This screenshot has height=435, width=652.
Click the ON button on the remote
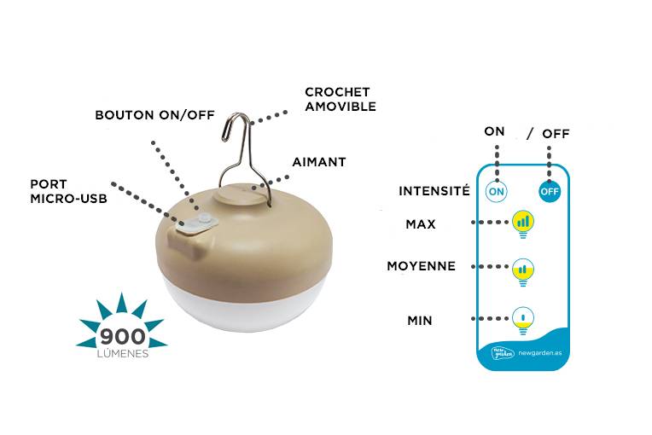click(497, 192)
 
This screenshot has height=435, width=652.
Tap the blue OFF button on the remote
click(550, 192)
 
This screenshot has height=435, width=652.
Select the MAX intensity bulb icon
click(523, 224)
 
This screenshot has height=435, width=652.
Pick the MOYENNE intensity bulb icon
click(523, 272)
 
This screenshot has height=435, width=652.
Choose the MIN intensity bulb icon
click(523, 321)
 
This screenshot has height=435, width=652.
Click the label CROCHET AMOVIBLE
click(341, 99)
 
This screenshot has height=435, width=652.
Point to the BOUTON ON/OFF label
click(154, 114)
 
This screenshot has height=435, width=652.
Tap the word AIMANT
click(319, 162)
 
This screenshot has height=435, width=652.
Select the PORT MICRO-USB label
click(68, 191)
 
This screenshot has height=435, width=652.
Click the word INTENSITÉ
click(434, 191)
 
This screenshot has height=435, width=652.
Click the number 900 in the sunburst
click(122, 337)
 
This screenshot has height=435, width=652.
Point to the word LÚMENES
click(123, 354)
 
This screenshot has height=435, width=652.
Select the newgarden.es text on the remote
click(540, 353)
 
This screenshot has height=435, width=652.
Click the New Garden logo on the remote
click(503, 352)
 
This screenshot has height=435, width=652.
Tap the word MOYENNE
click(422, 266)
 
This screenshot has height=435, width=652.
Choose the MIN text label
click(420, 321)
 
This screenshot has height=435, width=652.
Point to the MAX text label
click(421, 224)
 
